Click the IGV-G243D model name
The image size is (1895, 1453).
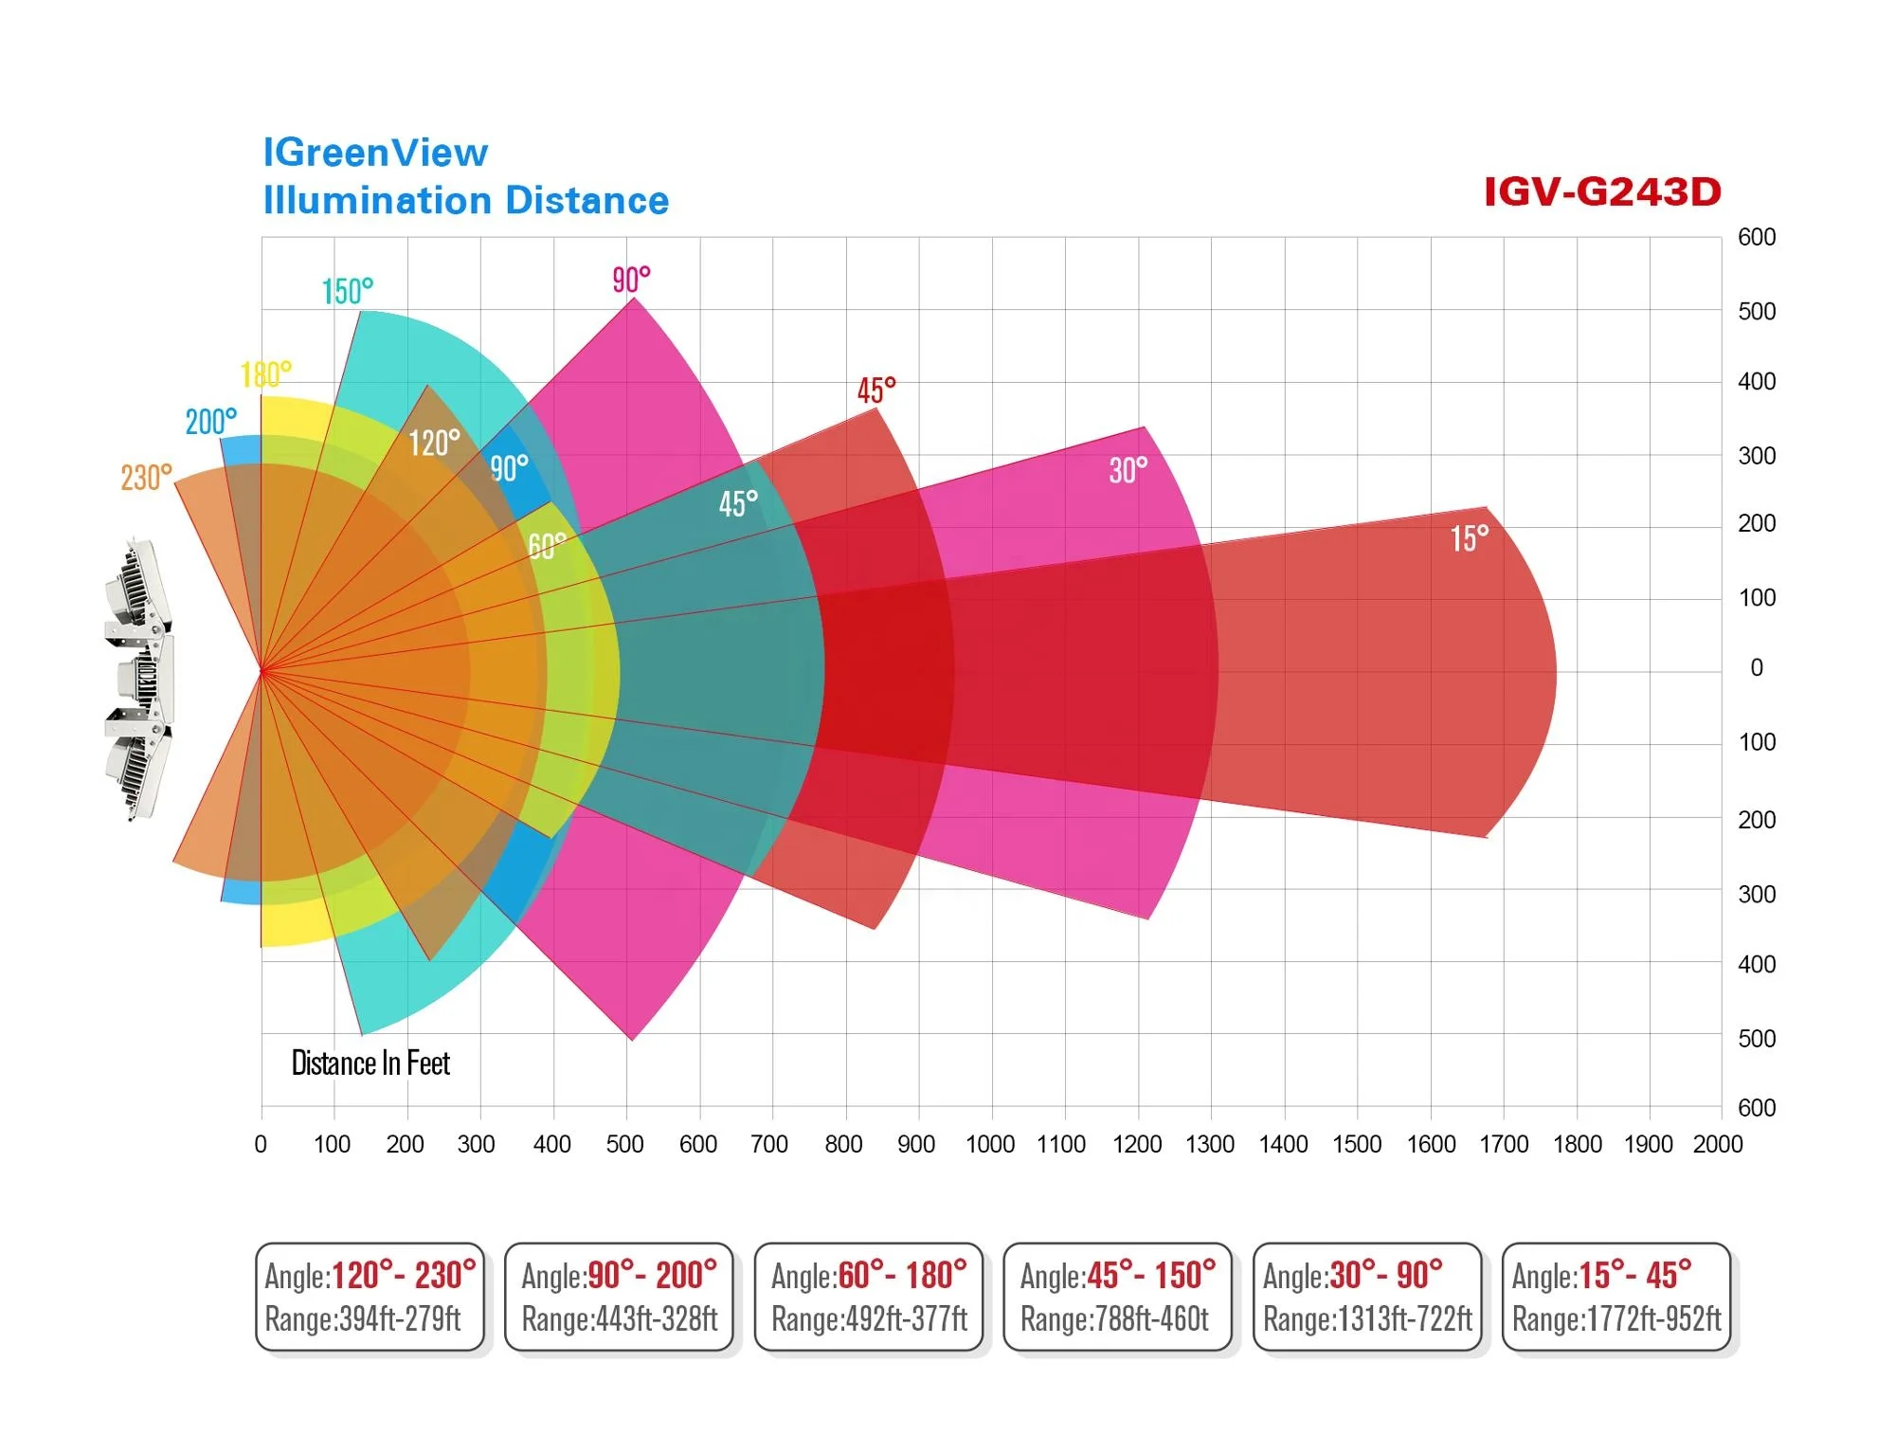(1601, 192)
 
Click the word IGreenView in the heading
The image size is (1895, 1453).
(375, 153)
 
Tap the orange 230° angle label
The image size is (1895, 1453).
(146, 477)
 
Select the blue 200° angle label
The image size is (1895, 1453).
(210, 422)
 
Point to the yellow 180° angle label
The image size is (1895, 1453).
(265, 374)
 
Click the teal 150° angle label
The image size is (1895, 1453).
(347, 291)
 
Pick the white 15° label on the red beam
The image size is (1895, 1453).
(1469, 538)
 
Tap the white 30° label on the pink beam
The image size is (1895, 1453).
(1128, 469)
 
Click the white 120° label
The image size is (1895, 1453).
(434, 443)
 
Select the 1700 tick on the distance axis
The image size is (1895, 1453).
(1504, 1144)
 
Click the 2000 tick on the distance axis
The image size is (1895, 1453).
(1717, 1144)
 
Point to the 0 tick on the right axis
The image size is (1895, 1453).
(1756, 668)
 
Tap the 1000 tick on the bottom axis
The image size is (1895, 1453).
(989, 1144)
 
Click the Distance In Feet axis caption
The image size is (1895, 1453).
(370, 1063)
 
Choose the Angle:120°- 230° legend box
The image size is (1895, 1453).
(370, 1297)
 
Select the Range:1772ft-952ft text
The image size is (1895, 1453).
(1616, 1318)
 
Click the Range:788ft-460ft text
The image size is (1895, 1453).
(1114, 1318)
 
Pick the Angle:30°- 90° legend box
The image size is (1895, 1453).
(1366, 1297)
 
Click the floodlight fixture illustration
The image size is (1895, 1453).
(138, 677)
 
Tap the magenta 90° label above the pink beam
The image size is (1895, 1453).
(631, 280)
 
